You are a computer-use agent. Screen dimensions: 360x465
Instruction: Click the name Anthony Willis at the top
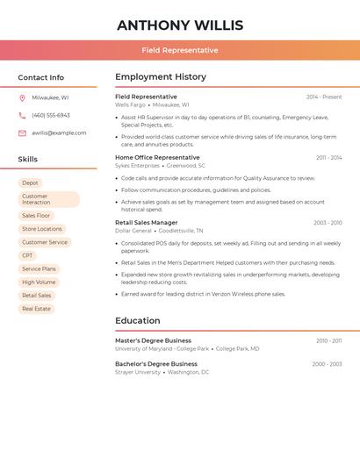tap(180, 25)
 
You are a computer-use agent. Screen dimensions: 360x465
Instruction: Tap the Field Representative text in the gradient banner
tap(180, 50)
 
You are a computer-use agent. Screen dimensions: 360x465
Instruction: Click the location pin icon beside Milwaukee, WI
tap(22, 97)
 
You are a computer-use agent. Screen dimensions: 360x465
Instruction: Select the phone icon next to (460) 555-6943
tap(22, 115)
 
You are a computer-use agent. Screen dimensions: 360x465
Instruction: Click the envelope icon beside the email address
tap(22, 133)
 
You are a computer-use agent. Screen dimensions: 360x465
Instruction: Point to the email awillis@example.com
tap(59, 133)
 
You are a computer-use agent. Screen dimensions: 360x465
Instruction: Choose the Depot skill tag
tap(31, 182)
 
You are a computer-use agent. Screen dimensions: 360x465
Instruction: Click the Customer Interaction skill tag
tap(48, 199)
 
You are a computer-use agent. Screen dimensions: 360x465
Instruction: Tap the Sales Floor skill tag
tap(36, 216)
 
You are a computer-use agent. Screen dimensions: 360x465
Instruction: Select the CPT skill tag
tap(27, 255)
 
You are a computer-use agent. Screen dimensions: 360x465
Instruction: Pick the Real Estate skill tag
tap(36, 309)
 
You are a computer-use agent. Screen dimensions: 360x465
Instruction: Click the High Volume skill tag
tap(39, 283)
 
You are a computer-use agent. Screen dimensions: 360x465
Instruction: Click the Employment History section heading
tap(161, 77)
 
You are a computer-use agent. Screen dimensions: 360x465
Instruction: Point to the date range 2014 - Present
tap(324, 97)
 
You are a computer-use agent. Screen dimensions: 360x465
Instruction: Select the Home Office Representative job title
tap(157, 158)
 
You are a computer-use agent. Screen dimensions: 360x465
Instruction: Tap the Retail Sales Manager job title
tap(147, 223)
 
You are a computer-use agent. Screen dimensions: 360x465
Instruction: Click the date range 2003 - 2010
tap(328, 223)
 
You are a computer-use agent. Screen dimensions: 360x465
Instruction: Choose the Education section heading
tap(138, 321)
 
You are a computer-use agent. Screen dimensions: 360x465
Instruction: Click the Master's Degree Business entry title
tap(153, 340)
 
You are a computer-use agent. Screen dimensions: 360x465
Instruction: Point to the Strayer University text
tap(138, 372)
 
